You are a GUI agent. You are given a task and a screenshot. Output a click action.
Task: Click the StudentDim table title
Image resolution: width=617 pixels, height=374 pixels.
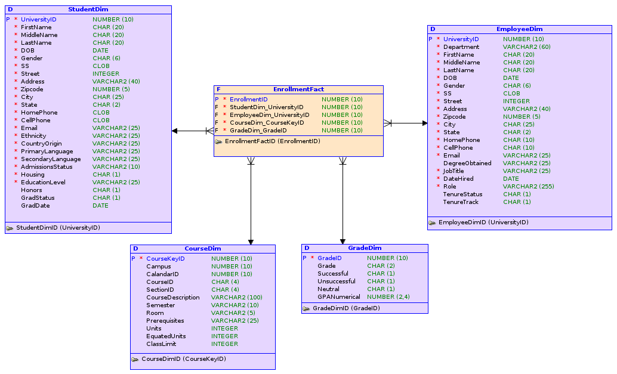(88, 10)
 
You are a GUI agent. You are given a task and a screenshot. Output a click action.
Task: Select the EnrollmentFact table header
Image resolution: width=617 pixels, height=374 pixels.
(298, 89)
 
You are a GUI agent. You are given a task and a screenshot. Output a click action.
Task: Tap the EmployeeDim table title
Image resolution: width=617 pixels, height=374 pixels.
(519, 29)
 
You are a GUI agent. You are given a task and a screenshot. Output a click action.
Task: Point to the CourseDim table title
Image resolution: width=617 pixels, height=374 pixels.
(203, 248)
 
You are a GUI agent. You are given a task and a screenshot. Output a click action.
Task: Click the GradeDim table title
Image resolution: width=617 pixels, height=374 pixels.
(365, 248)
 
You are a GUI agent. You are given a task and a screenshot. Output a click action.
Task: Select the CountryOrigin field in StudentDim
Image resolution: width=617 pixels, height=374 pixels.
(41, 143)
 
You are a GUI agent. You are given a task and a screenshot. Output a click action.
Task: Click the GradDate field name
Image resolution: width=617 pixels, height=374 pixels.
(35, 205)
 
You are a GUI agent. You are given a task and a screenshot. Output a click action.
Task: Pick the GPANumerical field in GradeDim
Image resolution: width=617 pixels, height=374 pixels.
(338, 296)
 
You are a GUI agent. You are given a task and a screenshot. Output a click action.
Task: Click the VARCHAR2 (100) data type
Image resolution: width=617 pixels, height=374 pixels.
(236, 297)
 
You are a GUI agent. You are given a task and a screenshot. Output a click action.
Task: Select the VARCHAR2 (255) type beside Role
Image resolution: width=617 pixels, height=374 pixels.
(528, 186)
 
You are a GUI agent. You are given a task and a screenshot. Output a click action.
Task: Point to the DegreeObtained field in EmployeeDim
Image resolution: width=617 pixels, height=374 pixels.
(467, 163)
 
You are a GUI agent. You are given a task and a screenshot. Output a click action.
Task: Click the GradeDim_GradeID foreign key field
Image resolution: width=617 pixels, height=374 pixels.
(258, 130)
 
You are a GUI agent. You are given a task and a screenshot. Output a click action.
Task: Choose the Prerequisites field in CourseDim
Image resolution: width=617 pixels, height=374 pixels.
(165, 320)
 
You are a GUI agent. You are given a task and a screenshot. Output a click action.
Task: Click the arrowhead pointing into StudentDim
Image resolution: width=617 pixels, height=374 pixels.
(175, 131)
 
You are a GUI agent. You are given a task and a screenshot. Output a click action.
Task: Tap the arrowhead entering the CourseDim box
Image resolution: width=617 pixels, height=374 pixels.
(251, 242)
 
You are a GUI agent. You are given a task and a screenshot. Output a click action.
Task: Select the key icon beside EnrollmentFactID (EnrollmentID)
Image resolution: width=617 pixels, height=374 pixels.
(219, 141)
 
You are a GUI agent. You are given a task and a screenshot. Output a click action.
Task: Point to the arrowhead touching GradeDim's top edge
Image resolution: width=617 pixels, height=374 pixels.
(343, 241)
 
